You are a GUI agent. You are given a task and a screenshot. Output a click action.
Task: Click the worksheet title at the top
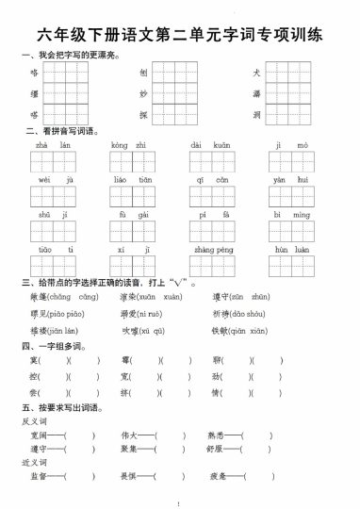click(x=180, y=37)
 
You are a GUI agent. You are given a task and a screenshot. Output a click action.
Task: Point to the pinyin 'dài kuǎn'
click(x=209, y=146)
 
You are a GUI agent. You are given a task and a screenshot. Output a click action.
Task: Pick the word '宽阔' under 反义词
click(x=39, y=435)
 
